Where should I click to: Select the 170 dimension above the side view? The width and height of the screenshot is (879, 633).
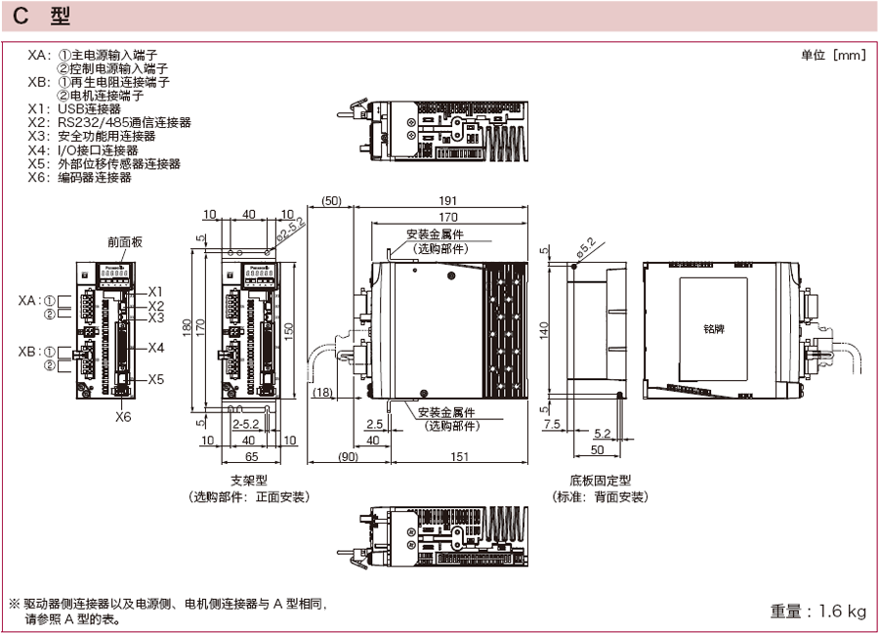coord(448,216)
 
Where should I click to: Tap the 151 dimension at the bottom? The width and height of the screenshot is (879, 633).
coord(458,455)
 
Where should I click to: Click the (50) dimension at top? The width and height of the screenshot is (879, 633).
coord(331,201)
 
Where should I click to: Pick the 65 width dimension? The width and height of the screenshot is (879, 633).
coord(251,455)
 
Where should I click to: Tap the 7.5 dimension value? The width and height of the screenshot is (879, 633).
coord(552,424)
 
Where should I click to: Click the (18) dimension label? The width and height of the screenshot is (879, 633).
coord(322,393)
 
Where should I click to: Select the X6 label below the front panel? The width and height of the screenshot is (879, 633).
coord(123,416)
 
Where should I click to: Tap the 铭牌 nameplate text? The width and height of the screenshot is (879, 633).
coord(714,330)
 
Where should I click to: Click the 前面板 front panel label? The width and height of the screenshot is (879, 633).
coord(124,242)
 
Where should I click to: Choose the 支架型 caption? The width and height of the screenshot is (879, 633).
coord(249,481)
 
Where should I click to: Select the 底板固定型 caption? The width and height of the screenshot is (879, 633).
coord(600,481)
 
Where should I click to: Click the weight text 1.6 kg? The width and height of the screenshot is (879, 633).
coord(817,612)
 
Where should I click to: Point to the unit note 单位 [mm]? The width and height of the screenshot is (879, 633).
coord(833,55)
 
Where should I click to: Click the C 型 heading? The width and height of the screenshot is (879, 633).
coord(40,18)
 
